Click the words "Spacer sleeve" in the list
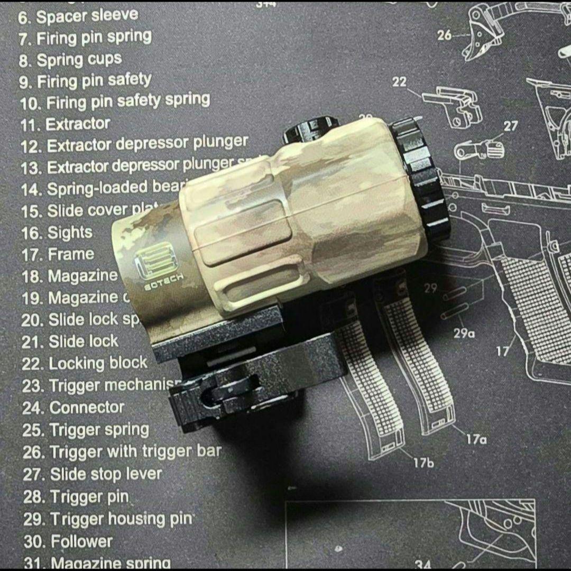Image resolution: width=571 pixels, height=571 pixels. pyautogui.click(x=87, y=15)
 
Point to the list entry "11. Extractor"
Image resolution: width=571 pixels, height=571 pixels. pyautogui.click(x=66, y=125)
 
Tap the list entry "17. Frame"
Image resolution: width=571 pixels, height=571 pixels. pyautogui.click(x=58, y=254)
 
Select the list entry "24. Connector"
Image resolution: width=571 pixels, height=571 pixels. pyautogui.click(x=73, y=408)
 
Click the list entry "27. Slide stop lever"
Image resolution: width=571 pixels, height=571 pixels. pyautogui.click(x=93, y=474)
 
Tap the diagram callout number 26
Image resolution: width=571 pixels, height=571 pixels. pyautogui.click(x=445, y=35)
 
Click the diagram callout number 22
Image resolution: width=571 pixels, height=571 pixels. pyautogui.click(x=400, y=81)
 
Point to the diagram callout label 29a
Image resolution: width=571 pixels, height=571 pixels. pyautogui.click(x=464, y=333)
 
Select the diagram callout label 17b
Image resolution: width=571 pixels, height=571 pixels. pyautogui.click(x=423, y=463)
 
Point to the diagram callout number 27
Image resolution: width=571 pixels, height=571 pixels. pyautogui.click(x=511, y=126)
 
